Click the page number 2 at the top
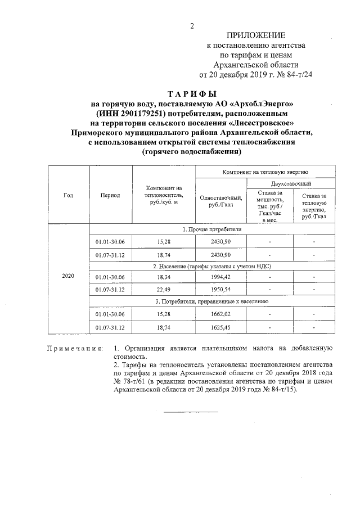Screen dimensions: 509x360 point(192,26)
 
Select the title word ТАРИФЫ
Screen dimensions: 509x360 point(192,94)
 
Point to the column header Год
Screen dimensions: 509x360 point(68,195)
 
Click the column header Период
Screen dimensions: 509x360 point(110,195)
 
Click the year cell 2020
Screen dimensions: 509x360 point(68,277)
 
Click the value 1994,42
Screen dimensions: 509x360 point(220,277)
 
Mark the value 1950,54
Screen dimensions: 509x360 point(220,290)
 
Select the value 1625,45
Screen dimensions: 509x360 point(220,326)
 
